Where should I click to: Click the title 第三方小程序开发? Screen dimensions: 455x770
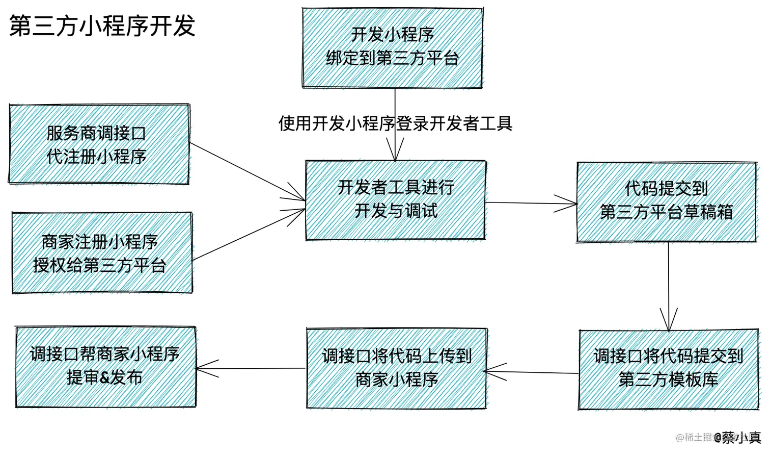[102, 26]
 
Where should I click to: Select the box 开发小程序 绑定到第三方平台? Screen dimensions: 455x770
[392, 47]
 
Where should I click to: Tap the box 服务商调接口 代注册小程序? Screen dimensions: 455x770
[99, 144]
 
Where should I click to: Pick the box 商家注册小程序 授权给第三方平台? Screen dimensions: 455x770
[102, 253]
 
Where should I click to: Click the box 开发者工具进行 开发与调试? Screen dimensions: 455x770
[395, 200]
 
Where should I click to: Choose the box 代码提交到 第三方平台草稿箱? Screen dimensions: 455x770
[666, 201]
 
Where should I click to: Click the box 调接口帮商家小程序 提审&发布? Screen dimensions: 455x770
[105, 367]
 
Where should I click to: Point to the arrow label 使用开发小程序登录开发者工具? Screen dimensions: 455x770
[395, 123]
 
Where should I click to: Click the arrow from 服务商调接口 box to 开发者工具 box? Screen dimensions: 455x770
[247, 171]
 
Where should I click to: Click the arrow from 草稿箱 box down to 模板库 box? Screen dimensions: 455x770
[669, 286]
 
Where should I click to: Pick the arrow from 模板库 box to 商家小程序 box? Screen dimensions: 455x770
[532, 372]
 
